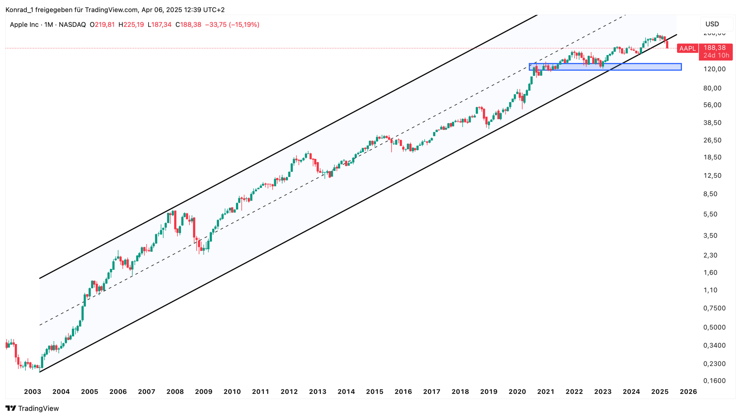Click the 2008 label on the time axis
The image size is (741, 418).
coord(175,392)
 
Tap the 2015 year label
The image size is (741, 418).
coord(374,392)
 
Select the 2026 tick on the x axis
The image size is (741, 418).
coord(688,392)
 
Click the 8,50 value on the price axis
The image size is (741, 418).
coord(710,194)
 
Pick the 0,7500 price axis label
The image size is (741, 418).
coord(714,308)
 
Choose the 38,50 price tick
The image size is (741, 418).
coord(712,123)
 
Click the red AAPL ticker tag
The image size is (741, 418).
coord(687,48)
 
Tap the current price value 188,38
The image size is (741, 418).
coord(714,48)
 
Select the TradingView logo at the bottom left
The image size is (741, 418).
coord(32,408)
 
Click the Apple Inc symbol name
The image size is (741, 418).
coord(24,25)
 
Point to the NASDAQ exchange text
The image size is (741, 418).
coord(72,25)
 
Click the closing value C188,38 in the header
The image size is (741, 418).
coord(188,25)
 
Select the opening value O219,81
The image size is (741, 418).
coord(102,25)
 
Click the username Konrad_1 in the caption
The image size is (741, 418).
coord(19,10)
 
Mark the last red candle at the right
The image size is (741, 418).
coord(667,45)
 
